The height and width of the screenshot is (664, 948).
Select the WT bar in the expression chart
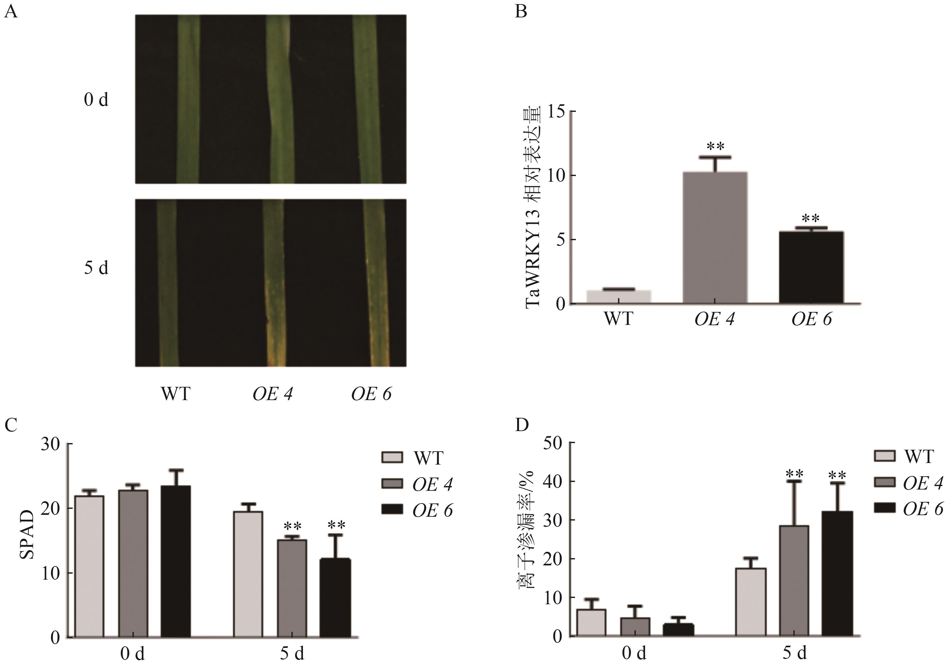pyautogui.click(x=619, y=297)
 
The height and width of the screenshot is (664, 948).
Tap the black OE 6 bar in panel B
pyautogui.click(x=811, y=267)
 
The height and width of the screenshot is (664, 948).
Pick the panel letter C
pyautogui.click(x=11, y=425)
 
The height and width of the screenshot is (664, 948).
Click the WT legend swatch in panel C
pyautogui.click(x=391, y=457)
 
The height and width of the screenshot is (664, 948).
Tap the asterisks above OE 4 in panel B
pyautogui.click(x=716, y=146)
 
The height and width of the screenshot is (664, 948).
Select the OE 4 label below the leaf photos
pyautogui.click(x=273, y=394)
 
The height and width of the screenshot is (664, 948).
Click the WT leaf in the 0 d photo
pyautogui.click(x=188, y=99)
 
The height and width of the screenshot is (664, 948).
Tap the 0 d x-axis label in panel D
pyautogui.click(x=633, y=653)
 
